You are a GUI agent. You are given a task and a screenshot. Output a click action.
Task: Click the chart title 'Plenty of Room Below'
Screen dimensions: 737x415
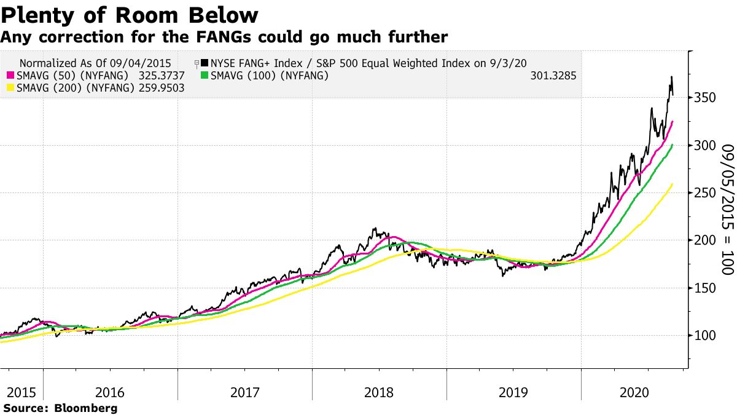(130, 15)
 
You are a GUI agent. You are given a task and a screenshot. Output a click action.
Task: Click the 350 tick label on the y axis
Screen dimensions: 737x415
(705, 98)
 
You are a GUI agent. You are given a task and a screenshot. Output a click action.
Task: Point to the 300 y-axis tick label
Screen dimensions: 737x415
(705, 145)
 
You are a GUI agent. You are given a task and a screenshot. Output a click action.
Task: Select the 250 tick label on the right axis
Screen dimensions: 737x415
(705, 192)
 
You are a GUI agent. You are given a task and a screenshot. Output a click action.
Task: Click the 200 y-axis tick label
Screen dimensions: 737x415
(705, 240)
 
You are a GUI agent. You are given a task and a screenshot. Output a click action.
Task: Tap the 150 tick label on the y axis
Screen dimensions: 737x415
(705, 288)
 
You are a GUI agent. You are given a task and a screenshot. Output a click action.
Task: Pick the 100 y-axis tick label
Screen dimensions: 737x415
(705, 336)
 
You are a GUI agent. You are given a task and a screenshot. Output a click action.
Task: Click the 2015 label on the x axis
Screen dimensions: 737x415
(21, 393)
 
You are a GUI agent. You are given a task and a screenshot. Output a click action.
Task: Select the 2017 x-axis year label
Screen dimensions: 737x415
(245, 393)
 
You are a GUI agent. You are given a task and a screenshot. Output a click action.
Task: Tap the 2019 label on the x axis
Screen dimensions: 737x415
(513, 393)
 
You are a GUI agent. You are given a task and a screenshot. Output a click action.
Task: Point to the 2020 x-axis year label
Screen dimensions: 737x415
(634, 393)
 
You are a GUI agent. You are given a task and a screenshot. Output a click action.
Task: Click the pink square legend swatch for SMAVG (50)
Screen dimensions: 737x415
(10, 76)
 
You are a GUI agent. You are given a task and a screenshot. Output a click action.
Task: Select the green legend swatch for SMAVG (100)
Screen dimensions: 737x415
(205, 76)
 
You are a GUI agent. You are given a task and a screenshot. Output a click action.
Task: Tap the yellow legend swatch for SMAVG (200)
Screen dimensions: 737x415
(10, 88)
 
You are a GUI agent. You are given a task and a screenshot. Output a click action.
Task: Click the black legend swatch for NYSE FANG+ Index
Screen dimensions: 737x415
(205, 63)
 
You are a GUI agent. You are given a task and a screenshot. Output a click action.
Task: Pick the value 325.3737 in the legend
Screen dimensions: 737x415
(162, 76)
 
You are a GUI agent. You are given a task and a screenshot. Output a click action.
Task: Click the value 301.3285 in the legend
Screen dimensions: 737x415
(553, 76)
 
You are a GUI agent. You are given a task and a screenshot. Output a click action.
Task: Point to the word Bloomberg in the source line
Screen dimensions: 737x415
(85, 408)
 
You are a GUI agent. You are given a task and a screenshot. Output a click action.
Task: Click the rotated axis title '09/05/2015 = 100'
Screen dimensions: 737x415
(728, 209)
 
